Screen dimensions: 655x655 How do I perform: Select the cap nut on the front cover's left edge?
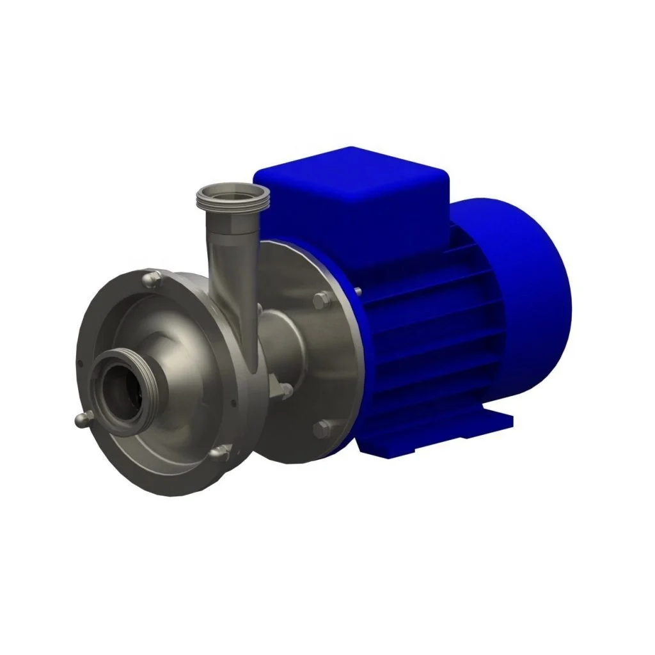tap(81, 420)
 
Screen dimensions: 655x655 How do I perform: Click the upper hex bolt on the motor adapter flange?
tap(322, 299)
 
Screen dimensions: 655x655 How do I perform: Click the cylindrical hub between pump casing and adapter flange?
tap(285, 345)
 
